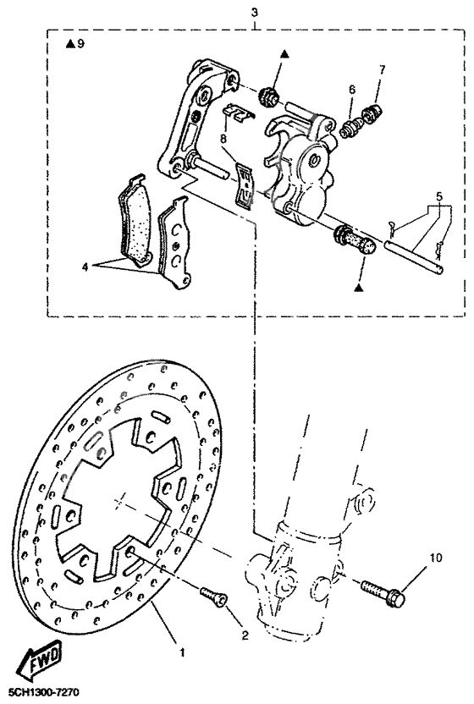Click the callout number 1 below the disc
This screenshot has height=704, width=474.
pos(180,652)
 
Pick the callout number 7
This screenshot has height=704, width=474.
pos(382,91)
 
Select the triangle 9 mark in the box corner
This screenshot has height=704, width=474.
pos(74,44)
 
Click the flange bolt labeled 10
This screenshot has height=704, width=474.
pos(383,591)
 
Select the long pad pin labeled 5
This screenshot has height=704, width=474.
pos(414,257)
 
